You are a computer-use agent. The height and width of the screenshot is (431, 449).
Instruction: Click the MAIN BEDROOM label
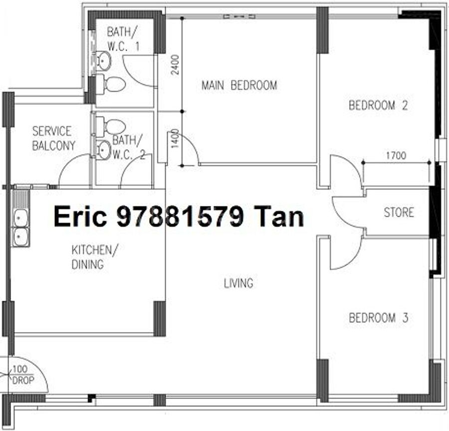(x=239, y=85)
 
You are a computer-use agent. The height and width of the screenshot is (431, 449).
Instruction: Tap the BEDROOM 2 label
(x=378, y=105)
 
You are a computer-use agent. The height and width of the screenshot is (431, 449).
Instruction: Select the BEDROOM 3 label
(x=378, y=318)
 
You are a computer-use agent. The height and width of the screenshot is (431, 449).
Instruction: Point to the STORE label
(x=399, y=212)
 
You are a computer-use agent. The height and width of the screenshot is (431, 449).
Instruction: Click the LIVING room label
(x=238, y=283)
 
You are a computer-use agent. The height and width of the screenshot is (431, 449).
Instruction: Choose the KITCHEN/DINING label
(x=94, y=257)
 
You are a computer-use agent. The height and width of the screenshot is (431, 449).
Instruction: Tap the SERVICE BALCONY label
(x=53, y=138)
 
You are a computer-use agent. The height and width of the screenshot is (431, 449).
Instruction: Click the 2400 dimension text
(x=175, y=65)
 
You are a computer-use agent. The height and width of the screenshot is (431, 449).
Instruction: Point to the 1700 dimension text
(x=396, y=156)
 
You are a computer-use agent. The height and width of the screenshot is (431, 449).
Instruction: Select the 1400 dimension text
(x=175, y=139)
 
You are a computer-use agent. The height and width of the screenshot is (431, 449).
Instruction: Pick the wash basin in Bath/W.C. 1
(x=103, y=60)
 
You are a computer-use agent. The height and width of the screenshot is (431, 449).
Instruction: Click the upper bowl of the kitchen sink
(x=20, y=218)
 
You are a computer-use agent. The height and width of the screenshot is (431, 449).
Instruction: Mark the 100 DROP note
(x=22, y=375)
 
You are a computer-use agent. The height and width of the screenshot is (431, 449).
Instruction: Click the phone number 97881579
(x=180, y=217)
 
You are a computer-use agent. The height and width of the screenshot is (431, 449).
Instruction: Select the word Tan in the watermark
(x=279, y=217)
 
